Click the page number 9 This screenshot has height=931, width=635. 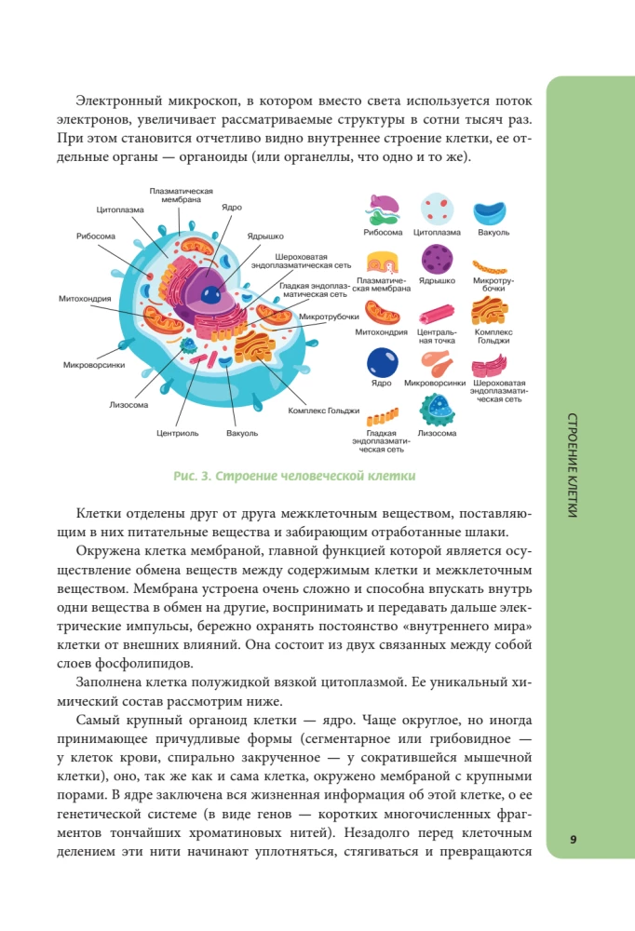(574, 840)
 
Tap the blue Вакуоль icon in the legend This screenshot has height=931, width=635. (493, 212)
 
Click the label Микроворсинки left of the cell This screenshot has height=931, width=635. (94, 365)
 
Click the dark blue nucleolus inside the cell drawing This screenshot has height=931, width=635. (211, 295)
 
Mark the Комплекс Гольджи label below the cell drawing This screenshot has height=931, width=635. (323, 411)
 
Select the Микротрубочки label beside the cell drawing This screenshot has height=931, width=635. (329, 317)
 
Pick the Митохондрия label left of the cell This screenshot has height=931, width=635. (85, 299)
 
